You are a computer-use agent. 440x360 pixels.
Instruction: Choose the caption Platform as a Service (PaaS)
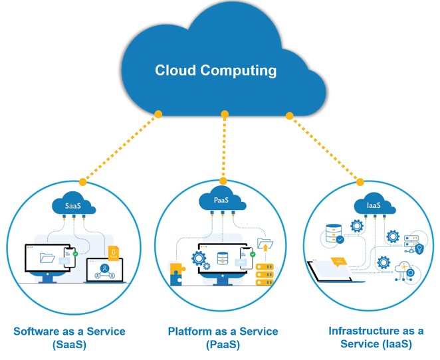tap(223, 337)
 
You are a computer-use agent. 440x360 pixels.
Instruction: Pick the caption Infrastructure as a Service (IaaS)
tap(376, 337)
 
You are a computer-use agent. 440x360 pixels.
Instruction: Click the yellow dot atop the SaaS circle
tap(82, 181)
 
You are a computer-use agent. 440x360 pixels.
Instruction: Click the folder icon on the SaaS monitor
tap(47, 257)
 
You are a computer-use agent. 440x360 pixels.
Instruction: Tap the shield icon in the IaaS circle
tap(419, 249)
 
